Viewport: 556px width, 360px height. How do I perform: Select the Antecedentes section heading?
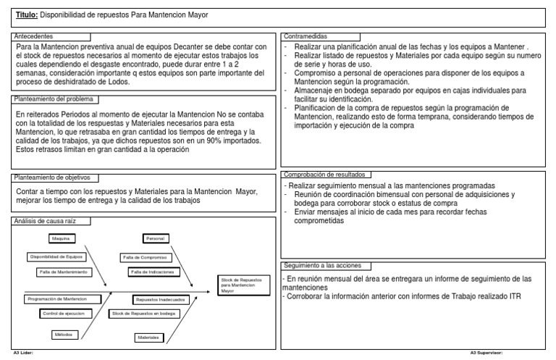pyautogui.click(x=35, y=35)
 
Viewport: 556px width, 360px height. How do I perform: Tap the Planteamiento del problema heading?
pyautogui.click(x=53, y=99)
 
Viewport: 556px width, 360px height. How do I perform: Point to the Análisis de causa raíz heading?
pyautogui.click(x=45, y=221)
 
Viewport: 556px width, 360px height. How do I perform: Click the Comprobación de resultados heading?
pyautogui.click(x=327, y=175)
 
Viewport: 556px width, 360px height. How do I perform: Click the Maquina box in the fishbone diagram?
pyautogui.click(x=60, y=238)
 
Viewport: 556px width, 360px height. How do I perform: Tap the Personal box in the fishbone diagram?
pyautogui.click(x=156, y=238)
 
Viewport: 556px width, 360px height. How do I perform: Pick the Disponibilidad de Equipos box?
pyautogui.click(x=56, y=256)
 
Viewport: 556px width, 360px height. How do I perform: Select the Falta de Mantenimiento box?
pyautogui.click(x=64, y=272)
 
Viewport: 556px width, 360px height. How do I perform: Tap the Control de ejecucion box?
pyautogui.click(x=63, y=313)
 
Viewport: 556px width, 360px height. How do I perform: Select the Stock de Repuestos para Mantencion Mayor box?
pyautogui.click(x=242, y=284)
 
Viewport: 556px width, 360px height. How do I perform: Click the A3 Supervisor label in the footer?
pyautogui.click(x=486, y=353)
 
